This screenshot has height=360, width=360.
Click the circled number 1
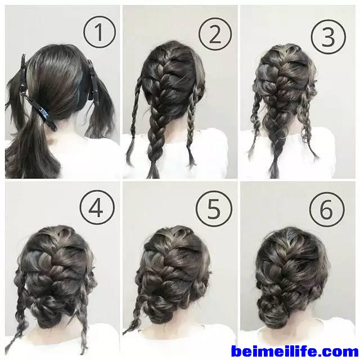[x=100, y=32]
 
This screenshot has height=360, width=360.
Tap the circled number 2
[x=215, y=34]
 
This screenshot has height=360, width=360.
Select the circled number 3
[x=328, y=37]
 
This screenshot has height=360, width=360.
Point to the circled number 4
[x=97, y=208]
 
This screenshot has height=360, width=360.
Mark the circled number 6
[x=327, y=209]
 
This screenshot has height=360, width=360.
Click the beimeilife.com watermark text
[x=295, y=351]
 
